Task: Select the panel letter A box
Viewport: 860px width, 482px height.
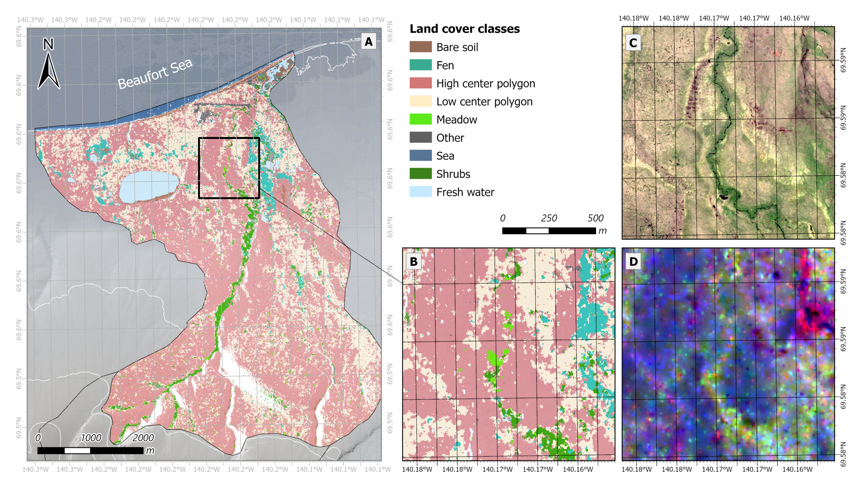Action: tap(369, 41)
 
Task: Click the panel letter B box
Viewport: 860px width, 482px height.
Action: tap(413, 262)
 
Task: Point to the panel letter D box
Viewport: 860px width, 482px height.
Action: tap(633, 262)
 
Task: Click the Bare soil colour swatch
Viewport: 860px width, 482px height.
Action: tap(420, 47)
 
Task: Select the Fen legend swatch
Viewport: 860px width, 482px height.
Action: tap(420, 65)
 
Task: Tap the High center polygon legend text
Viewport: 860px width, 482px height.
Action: tap(485, 83)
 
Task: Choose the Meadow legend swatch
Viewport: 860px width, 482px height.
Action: tap(420, 120)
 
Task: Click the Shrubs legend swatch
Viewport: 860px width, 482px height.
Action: tap(420, 174)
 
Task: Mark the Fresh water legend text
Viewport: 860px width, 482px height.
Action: tap(465, 192)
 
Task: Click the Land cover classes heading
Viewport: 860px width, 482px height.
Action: tap(464, 29)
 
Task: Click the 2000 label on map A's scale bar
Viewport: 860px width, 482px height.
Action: tap(143, 438)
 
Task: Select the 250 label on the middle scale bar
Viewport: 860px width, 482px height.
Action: tap(549, 218)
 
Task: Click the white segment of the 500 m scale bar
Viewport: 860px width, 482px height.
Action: tap(537, 231)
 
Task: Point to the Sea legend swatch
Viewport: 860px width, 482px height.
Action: tap(420, 156)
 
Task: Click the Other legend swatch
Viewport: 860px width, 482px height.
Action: tap(420, 138)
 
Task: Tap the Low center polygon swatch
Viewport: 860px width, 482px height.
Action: tap(420, 101)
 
